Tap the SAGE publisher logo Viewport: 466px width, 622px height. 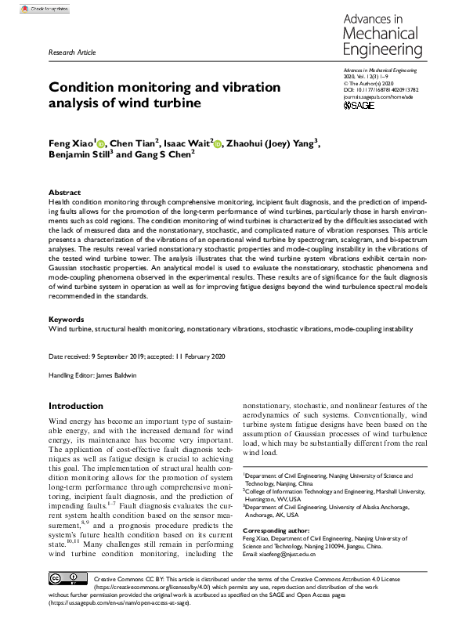tap(359, 104)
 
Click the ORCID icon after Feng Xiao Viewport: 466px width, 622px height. tap(100, 143)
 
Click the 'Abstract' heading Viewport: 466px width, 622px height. tap(63, 192)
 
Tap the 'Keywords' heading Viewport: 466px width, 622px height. tap(66, 320)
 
